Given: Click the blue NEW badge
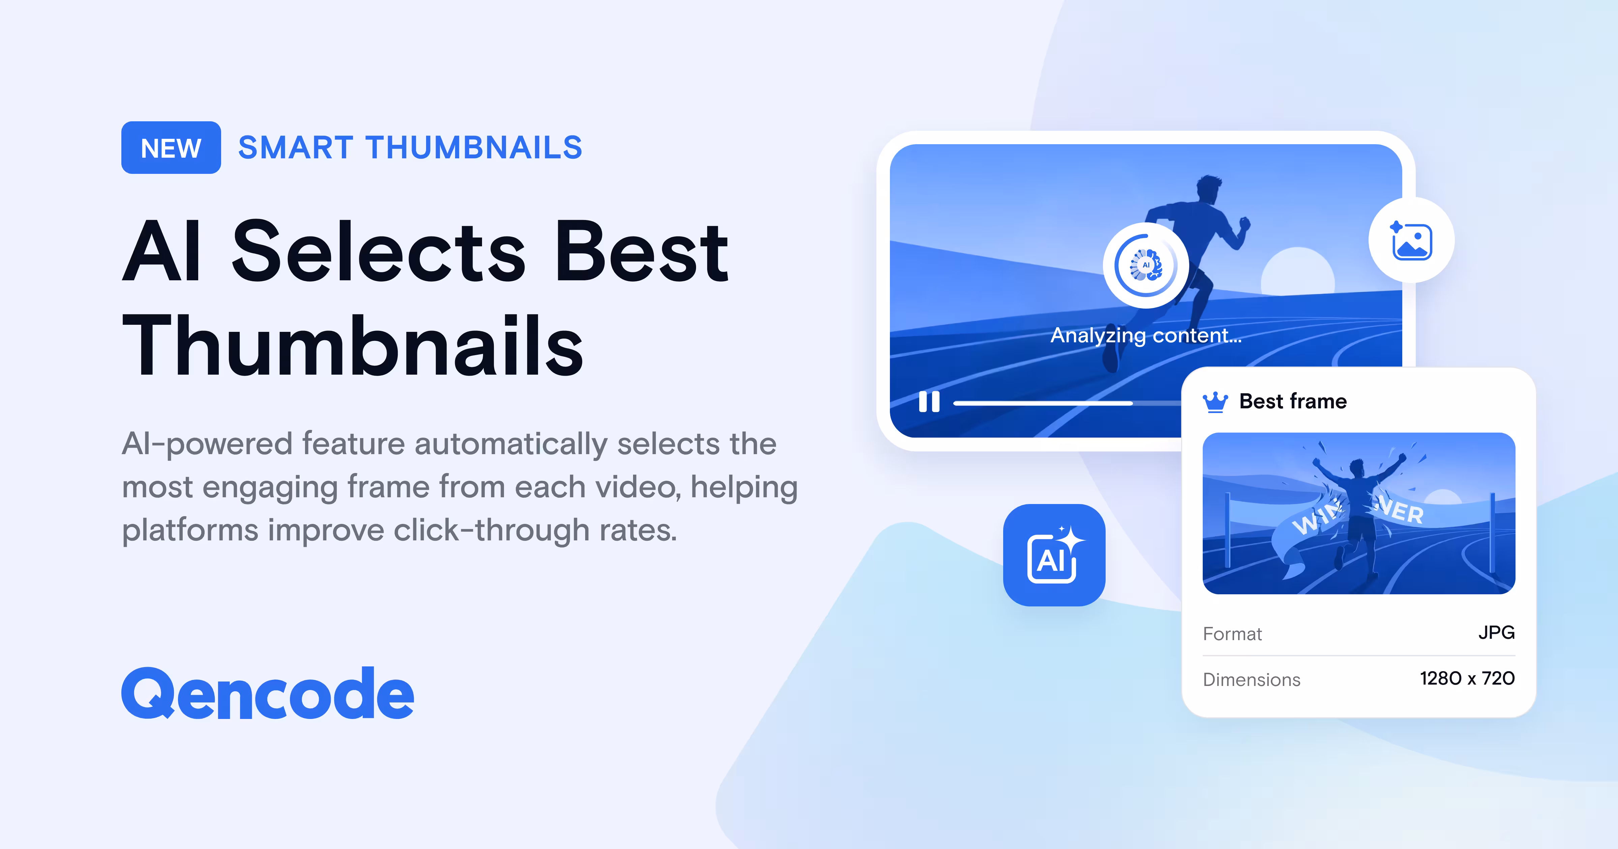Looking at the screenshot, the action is pos(171,148).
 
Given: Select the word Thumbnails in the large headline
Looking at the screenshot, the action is pos(353,345).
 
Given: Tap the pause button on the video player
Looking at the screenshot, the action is pos(929,402).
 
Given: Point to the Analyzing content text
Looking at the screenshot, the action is pos(1146,335).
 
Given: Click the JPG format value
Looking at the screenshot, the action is pos(1496,632).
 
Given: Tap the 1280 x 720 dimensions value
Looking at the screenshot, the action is pos(1467,678).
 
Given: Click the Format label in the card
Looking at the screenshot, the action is pos(1232,634).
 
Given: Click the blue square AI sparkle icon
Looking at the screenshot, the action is pos(1054,555).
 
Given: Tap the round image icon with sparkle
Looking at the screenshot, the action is pos(1411,241).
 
